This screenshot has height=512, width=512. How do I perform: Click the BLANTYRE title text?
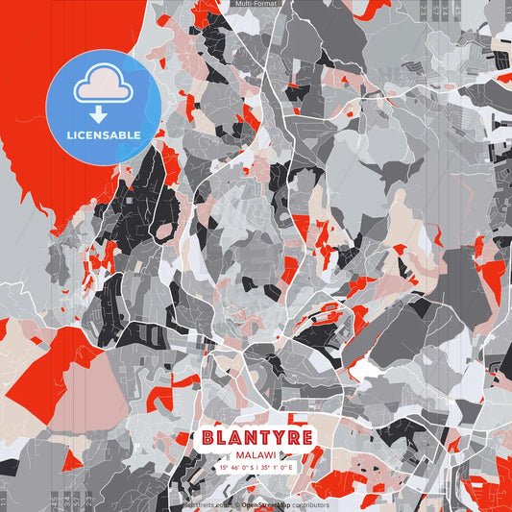pyautogui.click(x=256, y=436)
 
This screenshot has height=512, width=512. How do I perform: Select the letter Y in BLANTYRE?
pyautogui.click(x=277, y=436)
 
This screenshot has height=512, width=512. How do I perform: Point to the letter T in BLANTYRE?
pyautogui.click(x=262, y=436)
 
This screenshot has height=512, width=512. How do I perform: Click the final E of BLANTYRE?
pyautogui.click(x=305, y=436)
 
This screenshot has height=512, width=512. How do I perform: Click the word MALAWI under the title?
pyautogui.click(x=256, y=452)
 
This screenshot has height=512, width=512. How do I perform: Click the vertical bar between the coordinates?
pyautogui.click(x=256, y=467)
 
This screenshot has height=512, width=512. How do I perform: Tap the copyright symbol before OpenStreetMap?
pyautogui.click(x=237, y=504)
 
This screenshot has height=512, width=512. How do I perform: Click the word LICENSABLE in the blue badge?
pyautogui.click(x=104, y=134)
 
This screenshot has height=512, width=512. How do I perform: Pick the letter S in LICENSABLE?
pyautogui.click(x=110, y=134)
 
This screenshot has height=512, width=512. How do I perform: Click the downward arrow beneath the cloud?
pyautogui.click(x=104, y=111)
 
